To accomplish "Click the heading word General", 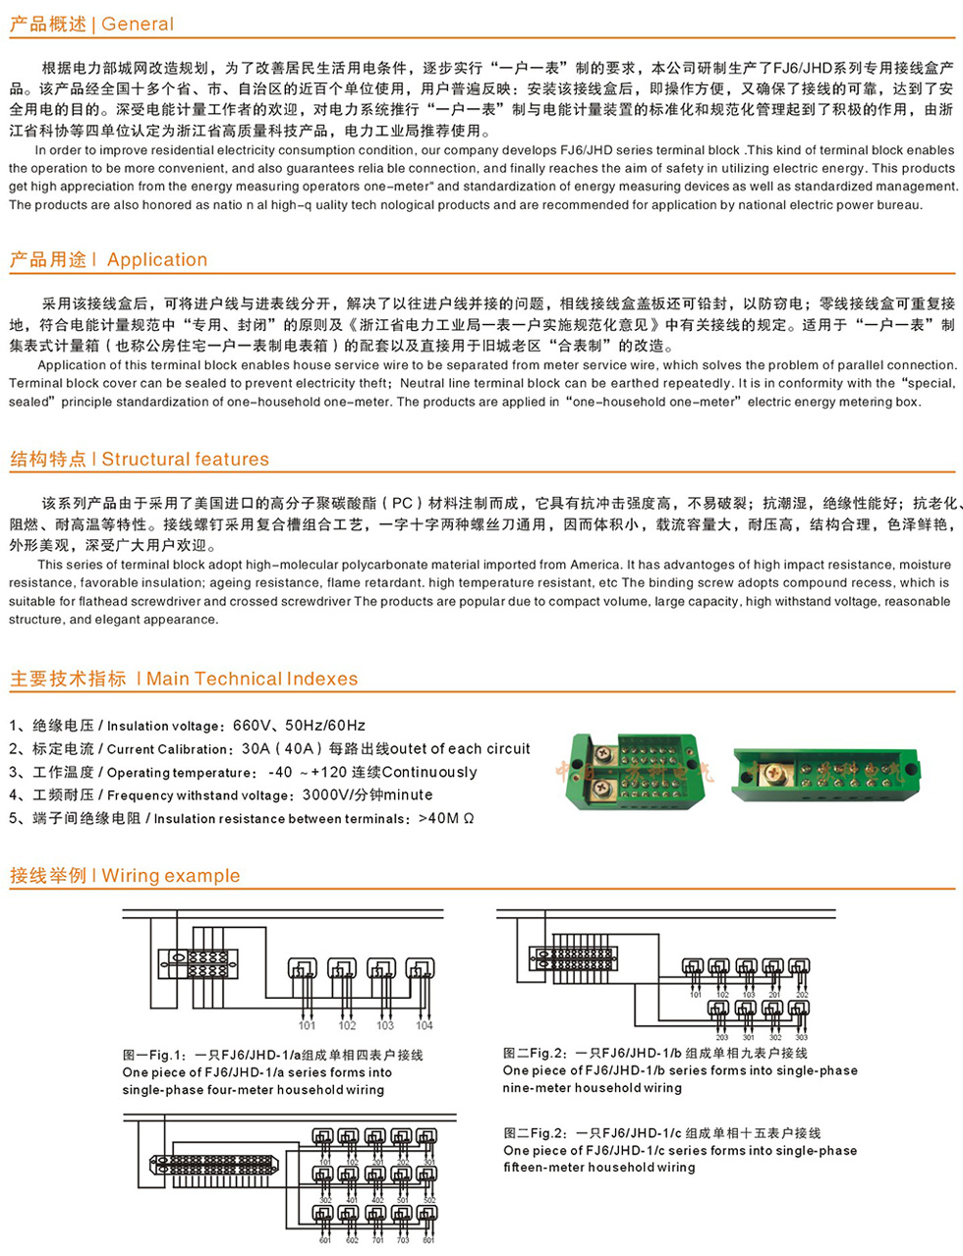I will point(138,25).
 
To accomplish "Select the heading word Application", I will point(157,260).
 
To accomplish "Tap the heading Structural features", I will point(185,460).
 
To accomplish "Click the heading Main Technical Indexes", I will point(252,679).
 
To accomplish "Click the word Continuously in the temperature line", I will point(429,773).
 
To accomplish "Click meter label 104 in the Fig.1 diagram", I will point(424,1025).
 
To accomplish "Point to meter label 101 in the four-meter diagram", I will point(308,1025).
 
